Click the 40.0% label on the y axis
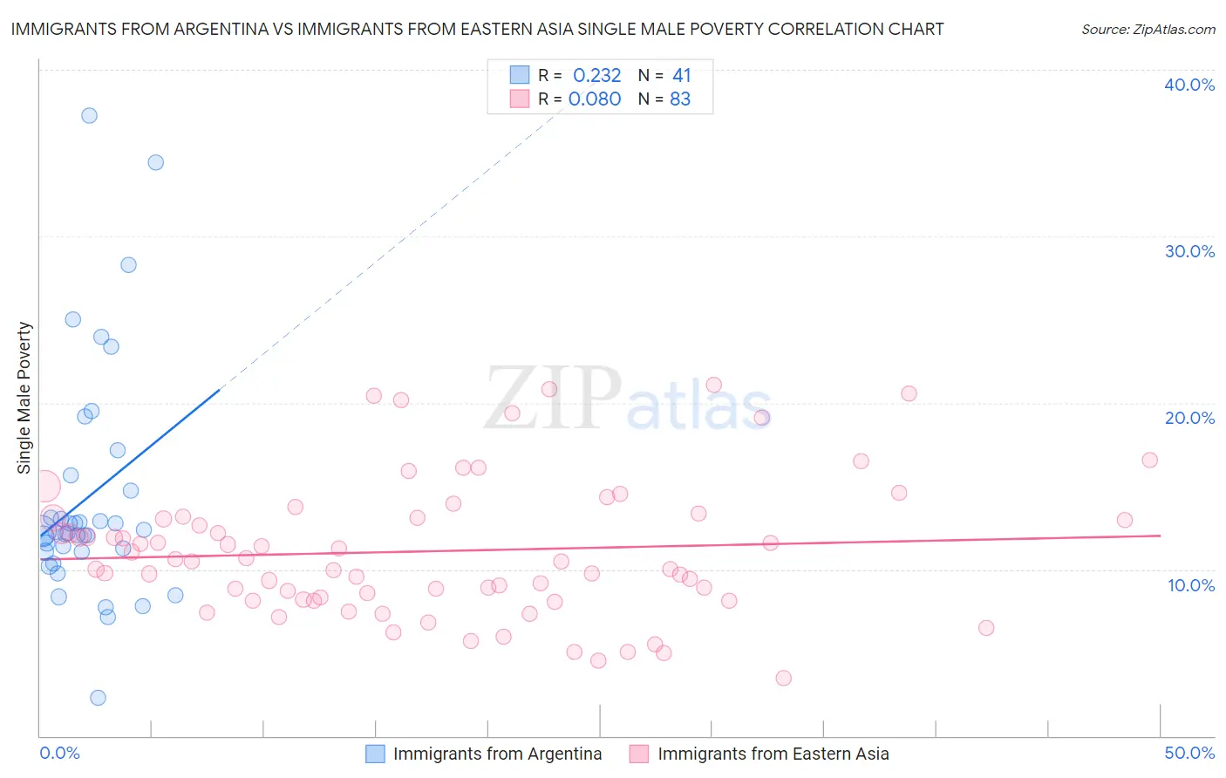(x=1189, y=85)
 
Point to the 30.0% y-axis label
(x=1189, y=251)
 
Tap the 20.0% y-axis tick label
(x=1189, y=418)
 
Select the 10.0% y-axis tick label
(x=1190, y=585)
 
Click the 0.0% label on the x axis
(x=59, y=753)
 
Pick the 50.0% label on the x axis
(x=1189, y=753)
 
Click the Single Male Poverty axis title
(x=24, y=398)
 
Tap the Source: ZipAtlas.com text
(x=1148, y=30)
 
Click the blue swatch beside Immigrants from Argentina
(x=375, y=754)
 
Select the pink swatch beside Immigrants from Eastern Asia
(x=639, y=754)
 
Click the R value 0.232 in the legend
(x=596, y=76)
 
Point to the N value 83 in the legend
(x=680, y=99)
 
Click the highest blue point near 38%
(x=89, y=115)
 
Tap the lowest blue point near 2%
(x=98, y=698)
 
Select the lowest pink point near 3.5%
(x=783, y=678)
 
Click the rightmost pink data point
(x=1149, y=460)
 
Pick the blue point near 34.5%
(x=155, y=162)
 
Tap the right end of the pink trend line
(x=1160, y=535)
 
